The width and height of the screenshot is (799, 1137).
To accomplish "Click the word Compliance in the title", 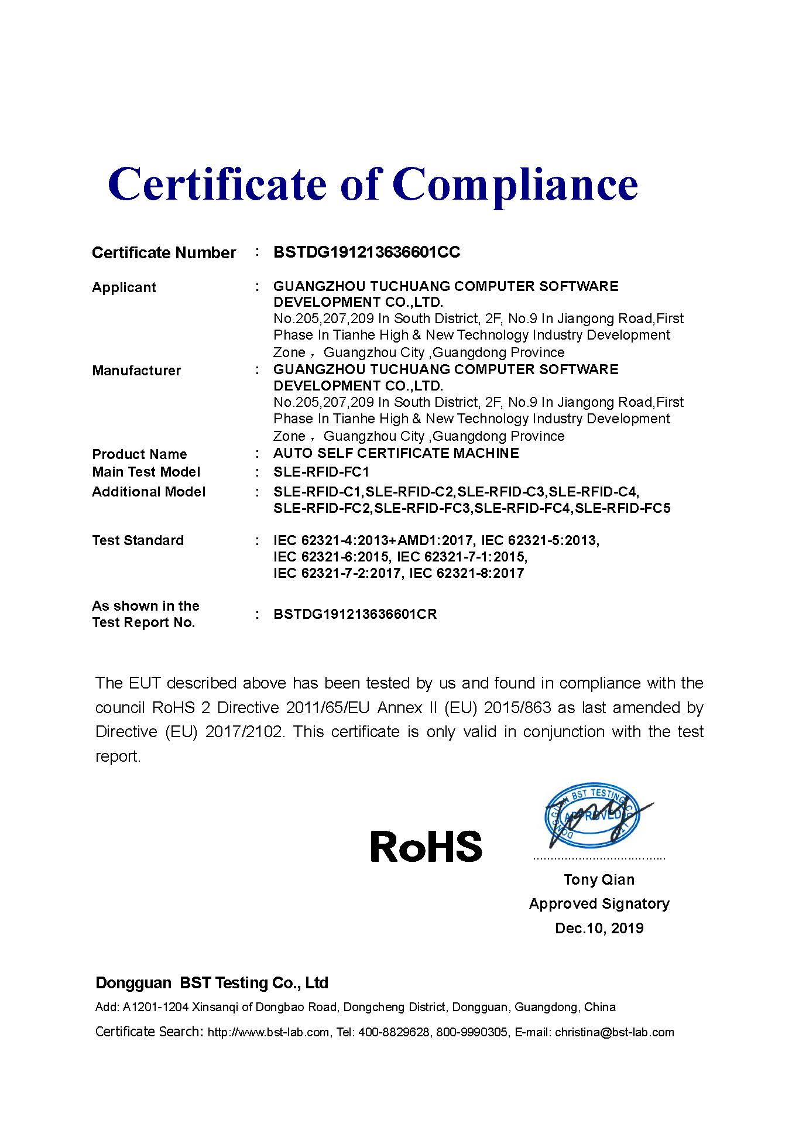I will pos(515,185).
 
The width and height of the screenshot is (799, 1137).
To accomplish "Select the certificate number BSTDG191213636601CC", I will pos(366,252).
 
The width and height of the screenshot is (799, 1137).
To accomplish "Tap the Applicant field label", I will pos(124,287).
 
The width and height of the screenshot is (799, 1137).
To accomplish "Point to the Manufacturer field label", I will pos(136,371).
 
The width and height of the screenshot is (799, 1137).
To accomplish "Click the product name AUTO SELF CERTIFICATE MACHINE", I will pos(396,453).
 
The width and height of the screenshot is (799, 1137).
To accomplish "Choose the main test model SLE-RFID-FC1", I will pos(321,472).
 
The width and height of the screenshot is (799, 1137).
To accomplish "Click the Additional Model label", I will pos(149,492).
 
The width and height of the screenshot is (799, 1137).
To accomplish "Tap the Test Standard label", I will pos(138,540).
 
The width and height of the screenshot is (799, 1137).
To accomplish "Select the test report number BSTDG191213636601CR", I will pos(355,615).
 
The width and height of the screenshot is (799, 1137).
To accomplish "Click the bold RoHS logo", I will pos(426,847).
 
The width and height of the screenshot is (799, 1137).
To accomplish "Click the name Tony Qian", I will pos(599,879).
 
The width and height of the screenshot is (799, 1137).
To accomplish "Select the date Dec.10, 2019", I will pos(599,928).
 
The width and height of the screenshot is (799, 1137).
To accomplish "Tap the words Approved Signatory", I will pos(599,903).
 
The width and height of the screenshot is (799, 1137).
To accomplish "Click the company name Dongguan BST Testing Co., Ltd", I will pos(212,983).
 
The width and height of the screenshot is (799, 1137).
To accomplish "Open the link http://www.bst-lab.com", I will pos(268,1032).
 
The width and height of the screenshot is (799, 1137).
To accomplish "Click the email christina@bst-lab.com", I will pos(614,1032).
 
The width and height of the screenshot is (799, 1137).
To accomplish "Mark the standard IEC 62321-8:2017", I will pos(467,573).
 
